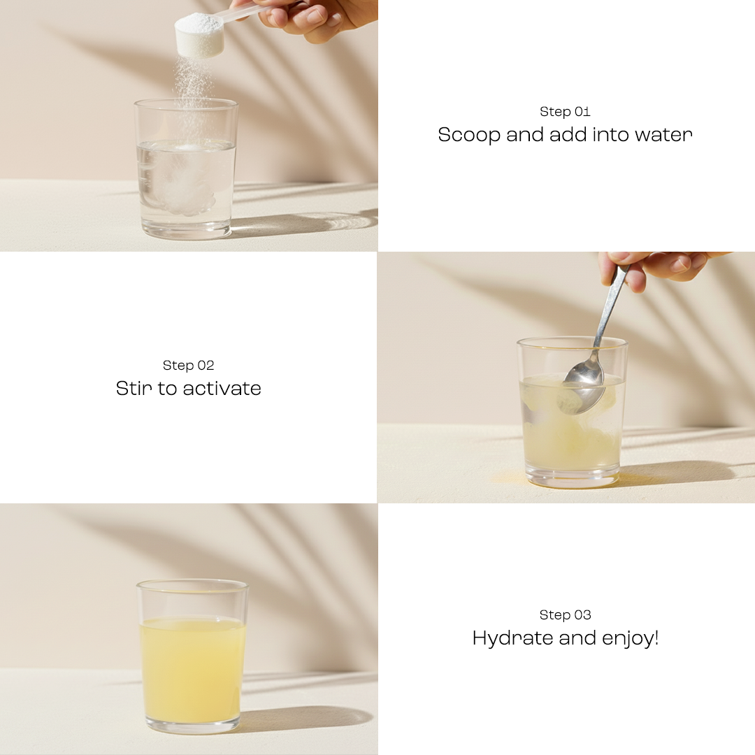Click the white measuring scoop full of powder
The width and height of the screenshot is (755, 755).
(199, 35)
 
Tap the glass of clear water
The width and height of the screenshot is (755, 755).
(185, 175)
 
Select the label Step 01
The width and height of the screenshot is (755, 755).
(565, 112)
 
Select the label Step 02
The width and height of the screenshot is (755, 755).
(188, 366)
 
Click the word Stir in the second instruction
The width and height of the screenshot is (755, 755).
(134, 389)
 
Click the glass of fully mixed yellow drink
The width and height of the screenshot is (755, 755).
(192, 664)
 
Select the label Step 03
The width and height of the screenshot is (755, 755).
(565, 615)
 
